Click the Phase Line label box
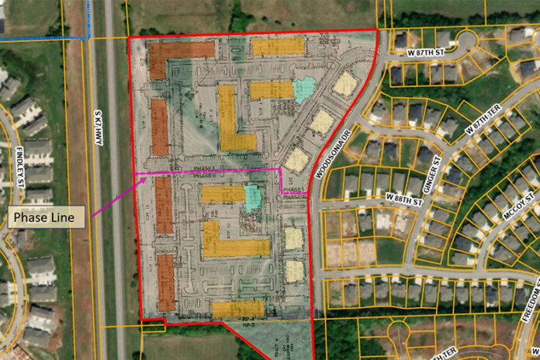tap(44, 218)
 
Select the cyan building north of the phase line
tap(304, 89)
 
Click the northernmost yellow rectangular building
tap(279, 47)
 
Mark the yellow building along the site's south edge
tap(238, 309)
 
